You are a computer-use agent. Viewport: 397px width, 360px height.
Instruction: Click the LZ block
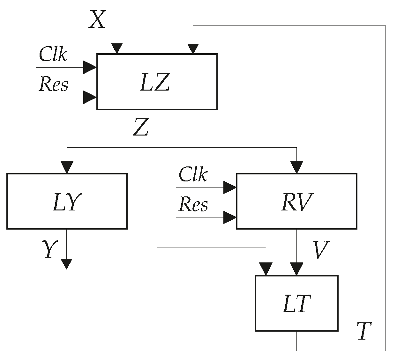point(157,82)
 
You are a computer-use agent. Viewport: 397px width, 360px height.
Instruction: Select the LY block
point(67,201)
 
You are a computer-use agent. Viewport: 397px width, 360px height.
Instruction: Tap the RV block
point(296,201)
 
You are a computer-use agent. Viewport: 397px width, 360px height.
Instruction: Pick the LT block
point(296,303)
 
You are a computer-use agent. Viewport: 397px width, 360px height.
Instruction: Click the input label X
point(97,20)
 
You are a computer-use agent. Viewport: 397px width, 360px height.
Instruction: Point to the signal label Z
point(141,127)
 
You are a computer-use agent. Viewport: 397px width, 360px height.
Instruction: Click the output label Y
point(48,249)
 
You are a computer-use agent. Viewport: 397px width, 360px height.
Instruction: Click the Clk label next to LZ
point(53,55)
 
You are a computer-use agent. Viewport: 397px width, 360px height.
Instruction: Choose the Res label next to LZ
point(53,84)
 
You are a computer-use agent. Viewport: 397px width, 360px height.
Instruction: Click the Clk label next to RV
point(193,174)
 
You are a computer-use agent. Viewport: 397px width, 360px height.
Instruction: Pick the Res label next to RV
point(193,204)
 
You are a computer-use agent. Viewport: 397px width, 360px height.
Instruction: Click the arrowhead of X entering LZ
point(117,48)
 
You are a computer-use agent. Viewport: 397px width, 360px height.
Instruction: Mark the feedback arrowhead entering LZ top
point(192,48)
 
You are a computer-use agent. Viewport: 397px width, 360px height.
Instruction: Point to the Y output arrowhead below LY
point(66,264)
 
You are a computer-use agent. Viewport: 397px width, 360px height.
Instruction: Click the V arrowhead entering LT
point(296,269)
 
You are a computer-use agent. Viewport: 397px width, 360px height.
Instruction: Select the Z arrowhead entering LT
point(266,269)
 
